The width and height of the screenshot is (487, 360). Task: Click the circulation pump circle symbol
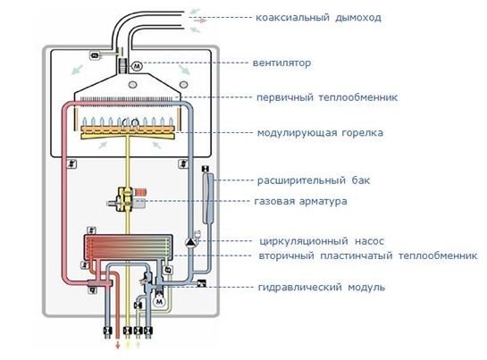coord(190,240)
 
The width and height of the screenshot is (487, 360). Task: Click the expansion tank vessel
coord(206,197)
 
